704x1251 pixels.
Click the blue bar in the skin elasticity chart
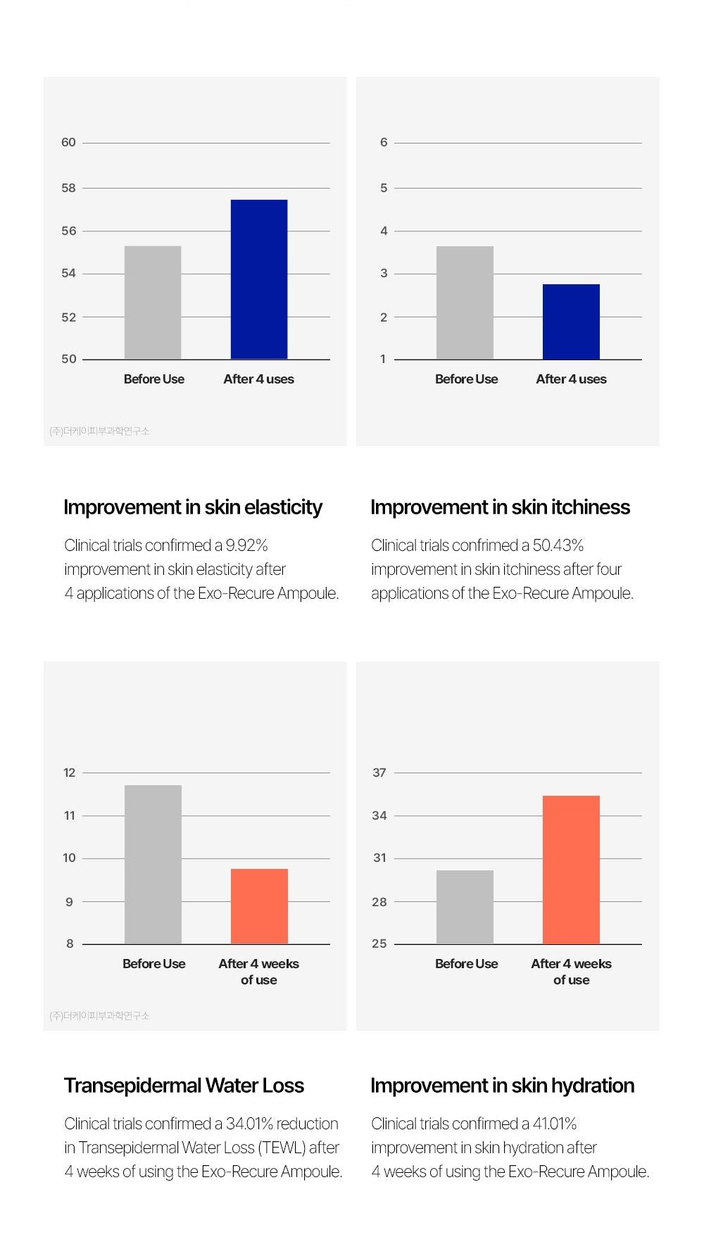click(259, 279)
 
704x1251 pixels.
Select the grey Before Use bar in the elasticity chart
click(153, 303)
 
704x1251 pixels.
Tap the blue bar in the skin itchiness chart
click(571, 322)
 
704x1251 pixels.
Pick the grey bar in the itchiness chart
click(465, 303)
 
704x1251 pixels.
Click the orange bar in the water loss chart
click(259, 906)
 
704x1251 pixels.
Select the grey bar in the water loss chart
click(153, 864)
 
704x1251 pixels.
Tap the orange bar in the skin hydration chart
click(571, 870)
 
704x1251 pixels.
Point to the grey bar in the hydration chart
click(465, 907)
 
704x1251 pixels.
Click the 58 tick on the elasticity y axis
click(68, 188)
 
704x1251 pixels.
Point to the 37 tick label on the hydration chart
click(379, 773)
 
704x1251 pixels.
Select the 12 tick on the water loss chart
click(69, 773)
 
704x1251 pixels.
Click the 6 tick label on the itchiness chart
click(384, 142)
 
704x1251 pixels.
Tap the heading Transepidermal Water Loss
click(184, 1086)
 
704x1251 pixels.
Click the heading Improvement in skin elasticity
click(193, 507)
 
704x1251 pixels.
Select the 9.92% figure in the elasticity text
click(246, 545)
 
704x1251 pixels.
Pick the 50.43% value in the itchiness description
click(558, 545)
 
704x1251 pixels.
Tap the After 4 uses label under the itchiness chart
click(571, 379)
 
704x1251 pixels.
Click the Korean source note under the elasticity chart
click(99, 431)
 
